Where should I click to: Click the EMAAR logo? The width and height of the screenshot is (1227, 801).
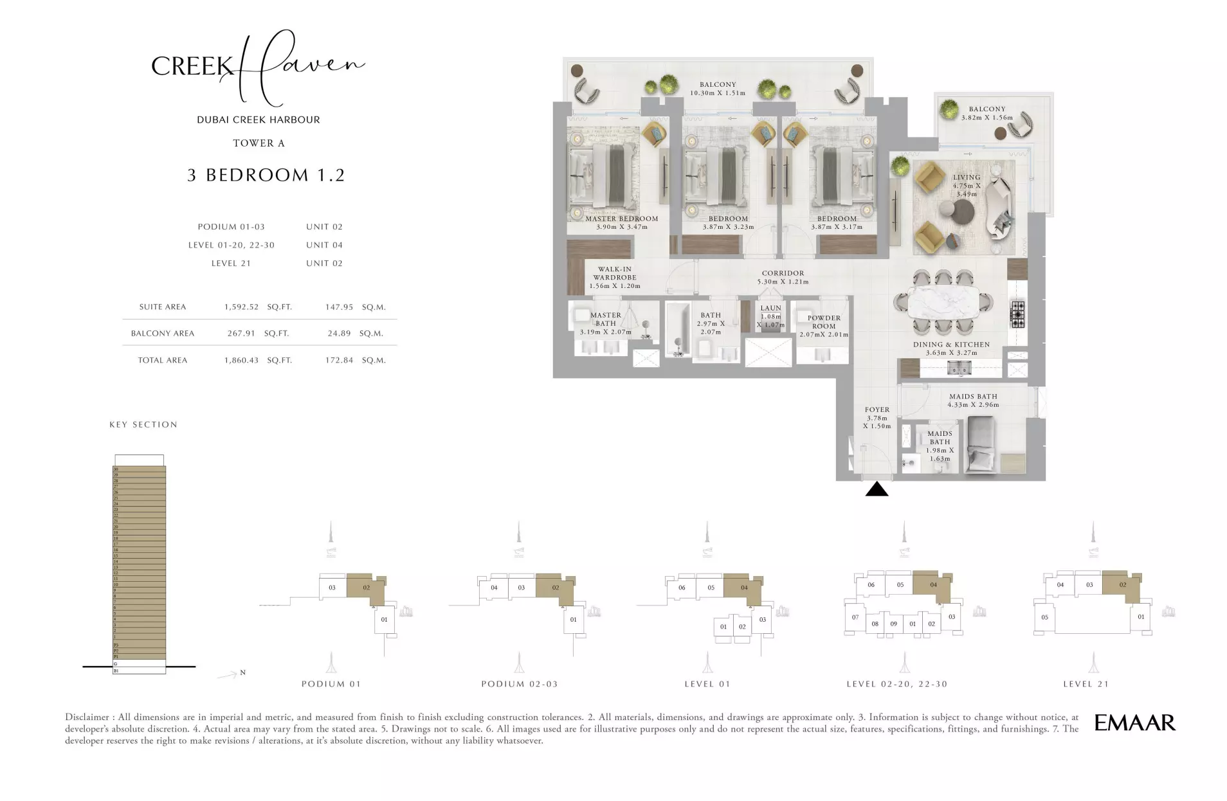tap(1134, 723)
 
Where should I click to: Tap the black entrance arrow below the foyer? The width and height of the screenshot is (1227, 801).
tap(877, 490)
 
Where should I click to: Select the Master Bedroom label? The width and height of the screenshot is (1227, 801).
tap(621, 219)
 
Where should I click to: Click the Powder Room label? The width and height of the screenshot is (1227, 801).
tap(823, 322)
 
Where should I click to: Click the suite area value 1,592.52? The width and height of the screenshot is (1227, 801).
tap(241, 307)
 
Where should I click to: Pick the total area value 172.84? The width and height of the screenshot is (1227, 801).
tap(339, 361)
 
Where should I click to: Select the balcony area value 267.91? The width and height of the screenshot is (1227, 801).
tap(241, 334)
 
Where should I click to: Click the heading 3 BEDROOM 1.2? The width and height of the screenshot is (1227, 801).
tap(266, 175)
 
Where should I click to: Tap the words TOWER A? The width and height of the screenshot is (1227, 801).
tap(259, 143)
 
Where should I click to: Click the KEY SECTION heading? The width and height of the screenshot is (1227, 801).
tap(143, 425)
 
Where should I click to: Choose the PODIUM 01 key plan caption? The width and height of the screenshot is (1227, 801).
tap(331, 684)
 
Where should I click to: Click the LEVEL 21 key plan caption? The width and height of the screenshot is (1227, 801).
tap(1086, 684)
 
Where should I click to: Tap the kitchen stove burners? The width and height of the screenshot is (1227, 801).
tap(1017, 314)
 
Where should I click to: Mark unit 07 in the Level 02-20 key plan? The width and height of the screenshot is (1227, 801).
tap(855, 617)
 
